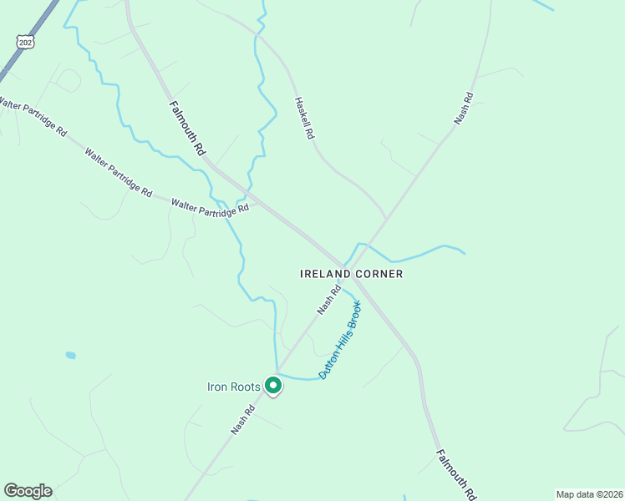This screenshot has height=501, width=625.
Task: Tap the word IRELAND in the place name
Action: [325, 274]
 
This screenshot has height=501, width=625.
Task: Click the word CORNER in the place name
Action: [379, 274]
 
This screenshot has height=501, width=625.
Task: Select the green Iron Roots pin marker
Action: [272, 386]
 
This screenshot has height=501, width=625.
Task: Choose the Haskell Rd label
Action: [303, 117]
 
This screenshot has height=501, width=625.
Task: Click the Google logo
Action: [28, 491]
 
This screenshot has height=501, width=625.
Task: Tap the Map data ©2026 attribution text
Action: [589, 494]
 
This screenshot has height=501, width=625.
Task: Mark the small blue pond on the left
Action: [70, 355]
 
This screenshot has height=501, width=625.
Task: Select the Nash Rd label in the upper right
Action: [464, 109]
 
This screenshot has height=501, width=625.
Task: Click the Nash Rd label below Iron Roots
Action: [244, 420]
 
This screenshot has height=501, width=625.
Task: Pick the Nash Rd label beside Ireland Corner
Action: [328, 300]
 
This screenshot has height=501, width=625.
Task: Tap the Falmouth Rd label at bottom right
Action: [456, 474]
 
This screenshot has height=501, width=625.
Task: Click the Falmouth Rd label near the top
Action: [187, 129]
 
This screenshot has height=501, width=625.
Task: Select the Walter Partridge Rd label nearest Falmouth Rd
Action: [210, 206]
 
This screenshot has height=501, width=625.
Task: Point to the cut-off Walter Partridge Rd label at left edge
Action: [33, 117]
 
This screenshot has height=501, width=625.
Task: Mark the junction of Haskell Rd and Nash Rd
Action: [385, 219]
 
